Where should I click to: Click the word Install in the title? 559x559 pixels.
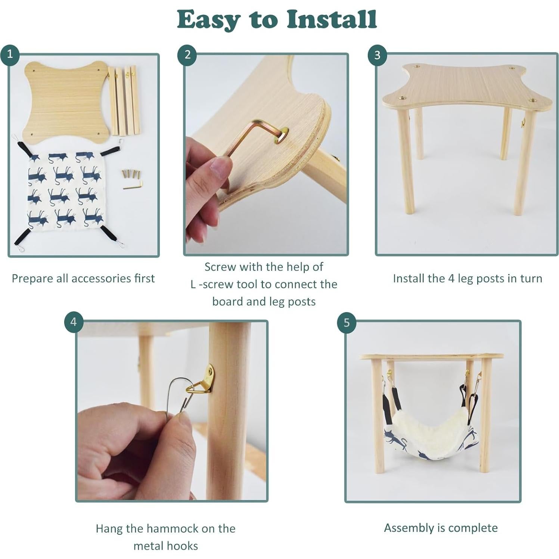coord(332,19)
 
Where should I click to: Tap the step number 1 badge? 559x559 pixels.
coord(10,54)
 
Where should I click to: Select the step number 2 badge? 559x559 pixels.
coord(187,55)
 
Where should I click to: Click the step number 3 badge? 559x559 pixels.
coord(377,55)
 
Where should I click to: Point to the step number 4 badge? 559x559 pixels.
coord(74,322)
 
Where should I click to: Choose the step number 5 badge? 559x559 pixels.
coord(347,322)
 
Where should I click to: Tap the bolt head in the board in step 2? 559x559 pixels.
coord(282,135)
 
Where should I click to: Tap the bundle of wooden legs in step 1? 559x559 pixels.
coord(124,100)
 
